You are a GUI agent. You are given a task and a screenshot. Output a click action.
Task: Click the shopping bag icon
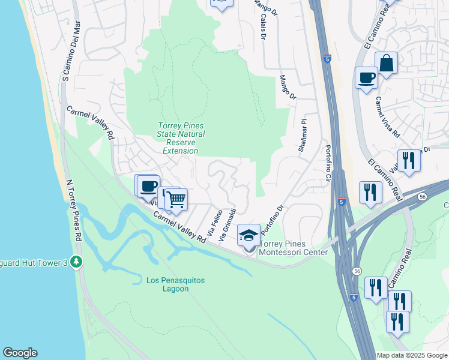(x=387, y=63)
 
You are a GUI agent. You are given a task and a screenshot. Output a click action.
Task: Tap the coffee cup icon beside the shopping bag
(x=366, y=77)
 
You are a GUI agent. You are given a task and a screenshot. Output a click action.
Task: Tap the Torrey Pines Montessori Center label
(x=293, y=248)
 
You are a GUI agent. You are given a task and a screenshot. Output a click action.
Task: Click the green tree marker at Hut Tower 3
(x=76, y=262)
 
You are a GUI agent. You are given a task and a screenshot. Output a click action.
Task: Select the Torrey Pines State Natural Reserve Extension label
(x=181, y=138)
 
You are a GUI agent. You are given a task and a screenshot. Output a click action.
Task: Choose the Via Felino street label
(x=212, y=222)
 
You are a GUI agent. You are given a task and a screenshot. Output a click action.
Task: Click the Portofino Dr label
(x=271, y=221)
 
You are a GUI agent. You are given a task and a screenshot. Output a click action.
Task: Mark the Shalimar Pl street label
(x=303, y=135)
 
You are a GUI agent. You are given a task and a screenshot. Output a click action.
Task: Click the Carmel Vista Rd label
(x=388, y=117)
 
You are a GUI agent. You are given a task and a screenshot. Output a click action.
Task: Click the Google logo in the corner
(x=20, y=353)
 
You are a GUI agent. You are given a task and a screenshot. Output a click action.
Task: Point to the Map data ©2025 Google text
(x=411, y=355)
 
